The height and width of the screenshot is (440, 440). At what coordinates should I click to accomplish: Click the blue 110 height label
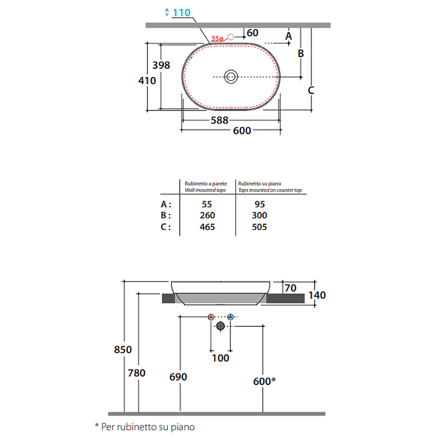tap(182, 13)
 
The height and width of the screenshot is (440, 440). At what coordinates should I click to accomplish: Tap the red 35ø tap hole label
tap(217, 38)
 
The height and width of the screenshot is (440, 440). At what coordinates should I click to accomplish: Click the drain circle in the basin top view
tap(231, 76)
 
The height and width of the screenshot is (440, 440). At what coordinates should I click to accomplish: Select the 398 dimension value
tap(161, 65)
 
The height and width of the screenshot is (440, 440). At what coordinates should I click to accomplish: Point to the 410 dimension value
tap(147, 81)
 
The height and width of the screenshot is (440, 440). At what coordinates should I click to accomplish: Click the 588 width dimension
tap(219, 120)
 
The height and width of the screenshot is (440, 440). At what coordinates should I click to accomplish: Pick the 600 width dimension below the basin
tap(242, 131)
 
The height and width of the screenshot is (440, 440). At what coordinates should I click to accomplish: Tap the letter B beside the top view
tap(301, 53)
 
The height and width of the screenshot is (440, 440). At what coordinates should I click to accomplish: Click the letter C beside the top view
tap(311, 90)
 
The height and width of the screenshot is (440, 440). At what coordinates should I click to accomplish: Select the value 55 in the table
tap(207, 204)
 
